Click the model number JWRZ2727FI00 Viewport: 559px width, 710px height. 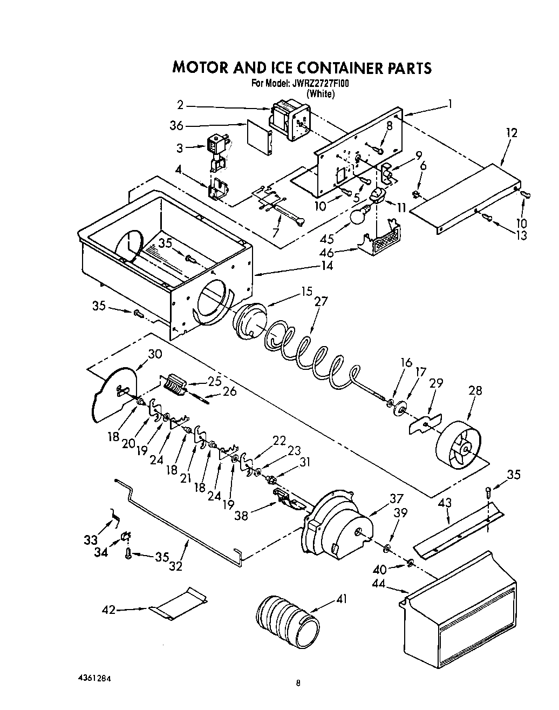(321, 84)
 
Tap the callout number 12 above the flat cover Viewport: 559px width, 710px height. (512, 132)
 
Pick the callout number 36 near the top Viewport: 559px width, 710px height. (176, 126)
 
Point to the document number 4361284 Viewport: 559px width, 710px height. (97, 677)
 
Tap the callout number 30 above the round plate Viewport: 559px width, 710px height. (155, 354)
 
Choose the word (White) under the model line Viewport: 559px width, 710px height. (321, 94)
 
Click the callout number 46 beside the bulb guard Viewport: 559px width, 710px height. (341, 252)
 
